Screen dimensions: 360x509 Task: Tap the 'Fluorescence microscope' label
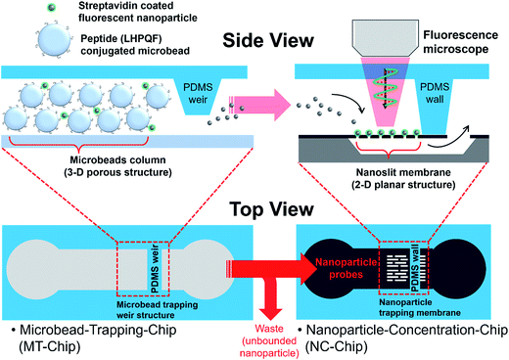click(x=454, y=42)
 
